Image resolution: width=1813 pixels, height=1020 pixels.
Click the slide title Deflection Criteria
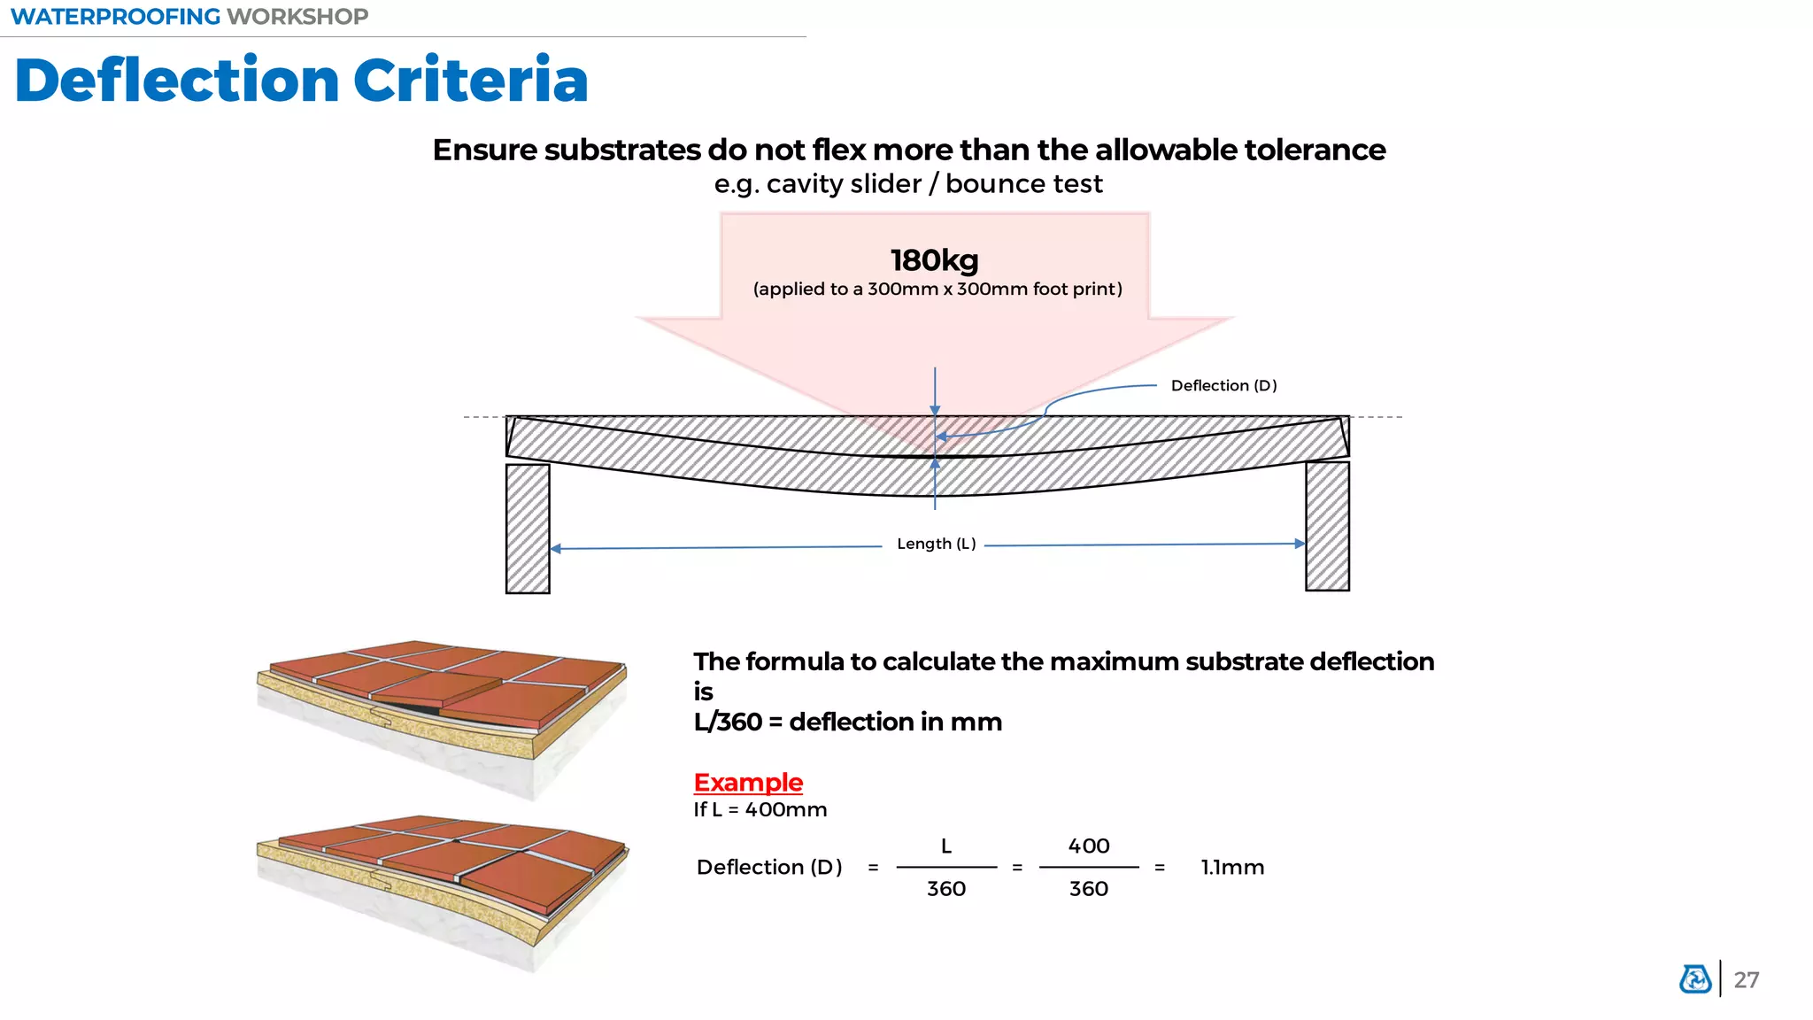click(x=301, y=81)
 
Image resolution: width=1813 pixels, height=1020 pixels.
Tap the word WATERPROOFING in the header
click(x=115, y=17)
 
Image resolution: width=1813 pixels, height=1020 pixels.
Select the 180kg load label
click(x=934, y=260)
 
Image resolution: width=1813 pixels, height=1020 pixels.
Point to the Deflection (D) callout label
click(x=1223, y=386)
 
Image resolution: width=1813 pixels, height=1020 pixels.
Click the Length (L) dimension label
click(x=936, y=544)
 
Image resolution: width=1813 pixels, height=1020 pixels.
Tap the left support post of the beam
click(x=528, y=529)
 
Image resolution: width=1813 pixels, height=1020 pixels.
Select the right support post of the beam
click(x=1327, y=526)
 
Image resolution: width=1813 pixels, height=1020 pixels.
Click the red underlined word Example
click(x=748, y=783)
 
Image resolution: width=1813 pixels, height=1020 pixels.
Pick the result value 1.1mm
click(x=1232, y=868)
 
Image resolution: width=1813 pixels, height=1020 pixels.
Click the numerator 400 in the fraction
click(x=1089, y=846)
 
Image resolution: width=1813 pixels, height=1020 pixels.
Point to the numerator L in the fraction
click(x=945, y=846)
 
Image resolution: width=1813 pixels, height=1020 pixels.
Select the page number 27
click(x=1746, y=980)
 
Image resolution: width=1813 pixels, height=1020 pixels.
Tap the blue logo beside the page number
click(x=1695, y=979)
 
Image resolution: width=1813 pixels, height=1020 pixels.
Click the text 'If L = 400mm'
click(x=760, y=810)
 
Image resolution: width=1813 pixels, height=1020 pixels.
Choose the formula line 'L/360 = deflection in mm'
click(x=847, y=722)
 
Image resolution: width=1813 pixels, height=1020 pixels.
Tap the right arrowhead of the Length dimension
click(x=1300, y=544)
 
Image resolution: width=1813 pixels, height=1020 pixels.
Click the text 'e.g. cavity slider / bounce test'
click(x=908, y=184)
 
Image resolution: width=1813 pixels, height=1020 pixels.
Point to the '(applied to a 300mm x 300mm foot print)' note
click(x=937, y=290)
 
